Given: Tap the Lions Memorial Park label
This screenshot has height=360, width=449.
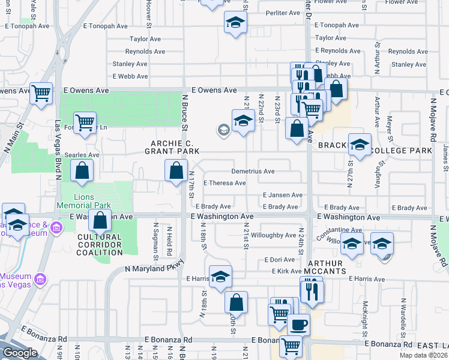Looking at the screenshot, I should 92,201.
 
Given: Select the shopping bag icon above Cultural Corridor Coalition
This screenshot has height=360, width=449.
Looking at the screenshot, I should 100,221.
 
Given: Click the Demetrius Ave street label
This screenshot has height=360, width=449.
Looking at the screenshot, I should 253,172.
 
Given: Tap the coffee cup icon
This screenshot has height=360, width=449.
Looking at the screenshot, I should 298,325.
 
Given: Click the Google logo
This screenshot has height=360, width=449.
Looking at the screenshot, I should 20,353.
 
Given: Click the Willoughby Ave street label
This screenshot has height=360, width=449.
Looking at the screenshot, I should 274,235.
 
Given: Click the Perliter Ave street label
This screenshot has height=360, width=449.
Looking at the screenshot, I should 283,13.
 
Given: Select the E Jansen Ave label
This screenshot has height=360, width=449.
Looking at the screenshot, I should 282,195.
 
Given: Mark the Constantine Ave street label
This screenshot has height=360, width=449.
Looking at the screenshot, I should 339,230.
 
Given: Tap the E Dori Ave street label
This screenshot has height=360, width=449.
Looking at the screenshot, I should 280,260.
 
